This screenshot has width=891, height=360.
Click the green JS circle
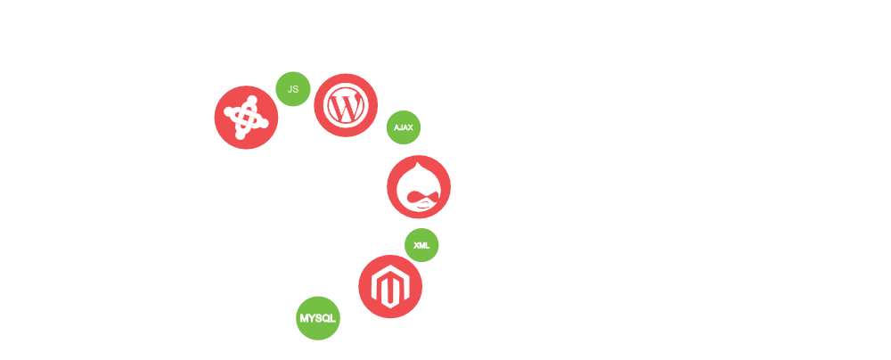tap(292, 89)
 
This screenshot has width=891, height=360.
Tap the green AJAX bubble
tap(403, 127)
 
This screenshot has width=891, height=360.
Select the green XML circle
tap(421, 245)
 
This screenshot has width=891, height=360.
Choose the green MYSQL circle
tap(318, 318)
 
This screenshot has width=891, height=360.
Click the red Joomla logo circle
tap(246, 118)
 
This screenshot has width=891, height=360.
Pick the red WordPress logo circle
tap(346, 105)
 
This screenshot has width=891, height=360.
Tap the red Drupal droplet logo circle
tap(419, 187)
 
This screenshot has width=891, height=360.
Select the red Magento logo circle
tap(390, 287)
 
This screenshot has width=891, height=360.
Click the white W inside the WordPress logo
tap(346, 106)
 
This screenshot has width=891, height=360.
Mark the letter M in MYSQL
tap(304, 318)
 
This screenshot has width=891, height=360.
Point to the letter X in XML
tap(416, 245)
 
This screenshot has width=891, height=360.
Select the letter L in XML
tap(428, 245)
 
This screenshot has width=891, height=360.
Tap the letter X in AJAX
tap(410, 127)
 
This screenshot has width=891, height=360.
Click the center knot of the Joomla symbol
tap(246, 118)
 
